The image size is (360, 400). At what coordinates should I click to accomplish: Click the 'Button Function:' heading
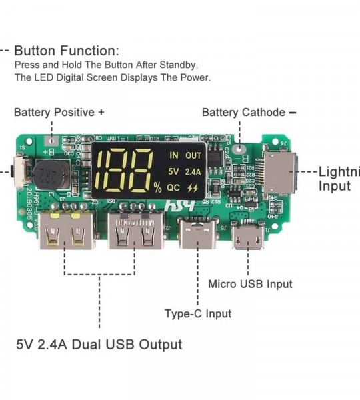click(67, 51)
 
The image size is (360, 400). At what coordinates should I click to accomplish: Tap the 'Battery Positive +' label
click(59, 112)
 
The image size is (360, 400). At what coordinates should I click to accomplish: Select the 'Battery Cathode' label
click(244, 112)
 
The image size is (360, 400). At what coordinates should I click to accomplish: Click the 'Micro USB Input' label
click(250, 284)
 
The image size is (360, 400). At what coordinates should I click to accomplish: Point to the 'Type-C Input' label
click(198, 313)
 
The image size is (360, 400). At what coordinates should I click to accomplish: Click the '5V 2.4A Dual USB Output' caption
click(99, 345)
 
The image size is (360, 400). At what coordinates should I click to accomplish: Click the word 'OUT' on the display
click(193, 155)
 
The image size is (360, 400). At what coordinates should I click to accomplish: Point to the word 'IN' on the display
click(174, 155)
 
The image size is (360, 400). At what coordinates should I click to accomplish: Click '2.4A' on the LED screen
click(193, 171)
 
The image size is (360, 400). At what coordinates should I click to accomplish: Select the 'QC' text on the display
click(174, 187)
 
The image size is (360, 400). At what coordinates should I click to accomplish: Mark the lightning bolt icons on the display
click(193, 188)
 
